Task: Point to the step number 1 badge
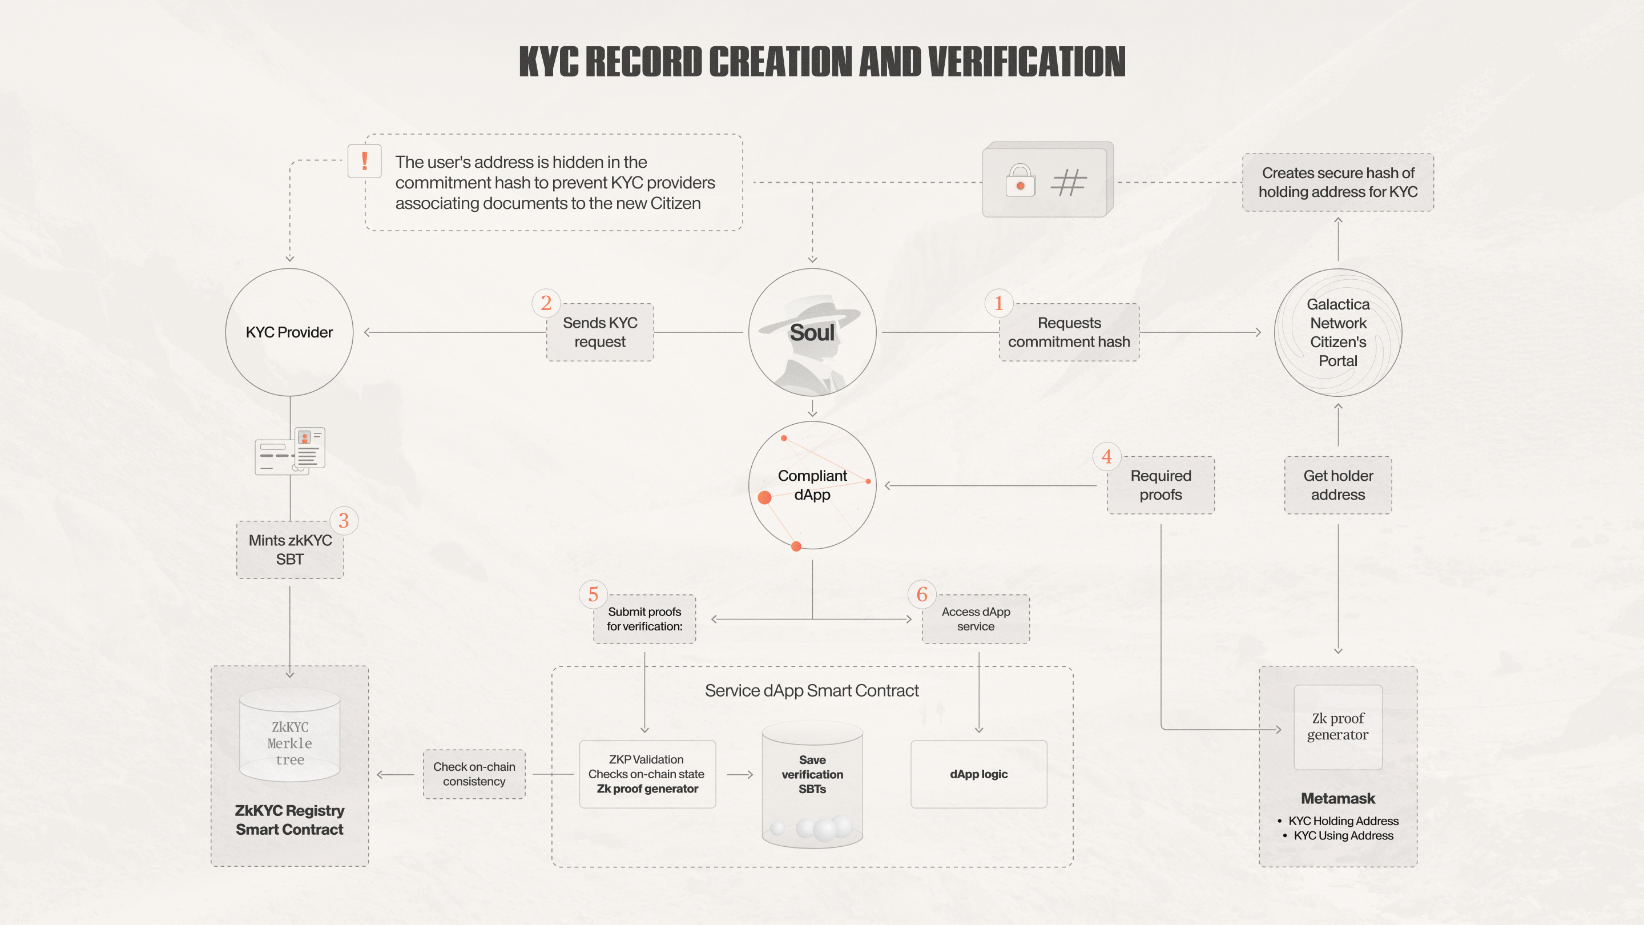tap(999, 303)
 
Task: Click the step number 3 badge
tap(343, 520)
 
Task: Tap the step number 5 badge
tap(593, 594)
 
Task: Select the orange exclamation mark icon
tap(364, 160)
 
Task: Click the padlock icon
tap(1020, 180)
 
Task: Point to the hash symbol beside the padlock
tap(1069, 182)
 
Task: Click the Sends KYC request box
tap(600, 332)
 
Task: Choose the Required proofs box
tap(1161, 485)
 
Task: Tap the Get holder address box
tap(1337, 485)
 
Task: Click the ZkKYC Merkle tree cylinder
tap(290, 735)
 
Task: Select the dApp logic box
tap(978, 774)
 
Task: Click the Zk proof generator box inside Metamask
tap(1337, 727)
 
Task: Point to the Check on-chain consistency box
tap(474, 774)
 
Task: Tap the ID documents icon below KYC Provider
tap(291, 451)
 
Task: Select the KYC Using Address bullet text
tap(1343, 835)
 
